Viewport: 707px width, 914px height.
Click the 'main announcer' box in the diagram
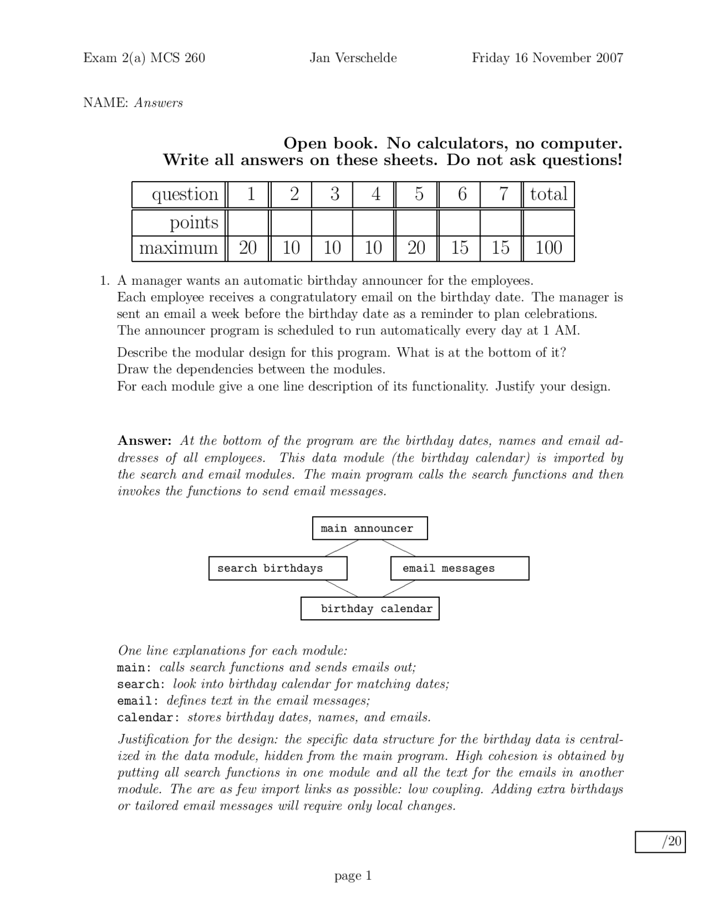[370, 528]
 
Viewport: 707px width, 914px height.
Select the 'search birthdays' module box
[278, 568]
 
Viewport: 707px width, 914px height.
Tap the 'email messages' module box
[459, 568]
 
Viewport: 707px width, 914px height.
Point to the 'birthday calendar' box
[370, 608]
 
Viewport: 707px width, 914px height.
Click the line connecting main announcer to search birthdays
[341, 548]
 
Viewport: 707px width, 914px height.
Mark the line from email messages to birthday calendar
[399, 588]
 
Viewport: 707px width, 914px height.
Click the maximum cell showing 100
[548, 248]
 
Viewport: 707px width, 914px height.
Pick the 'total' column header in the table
[548, 194]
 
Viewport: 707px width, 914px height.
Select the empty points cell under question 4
[373, 222]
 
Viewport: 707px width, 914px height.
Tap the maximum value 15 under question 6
[459, 248]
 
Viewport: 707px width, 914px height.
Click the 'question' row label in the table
[185, 194]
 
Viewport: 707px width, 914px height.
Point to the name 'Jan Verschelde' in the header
[353, 58]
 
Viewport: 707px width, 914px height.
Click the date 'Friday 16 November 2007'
[547, 58]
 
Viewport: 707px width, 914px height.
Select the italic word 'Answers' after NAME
[159, 103]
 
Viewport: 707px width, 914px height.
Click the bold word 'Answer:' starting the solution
[145, 441]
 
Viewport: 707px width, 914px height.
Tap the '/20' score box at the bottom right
[659, 842]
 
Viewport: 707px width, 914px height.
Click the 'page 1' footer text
[353, 876]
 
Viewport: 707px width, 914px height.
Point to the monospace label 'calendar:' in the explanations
[148, 718]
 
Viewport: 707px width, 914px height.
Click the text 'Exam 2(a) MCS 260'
[144, 58]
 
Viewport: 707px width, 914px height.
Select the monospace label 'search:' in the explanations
[141, 684]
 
